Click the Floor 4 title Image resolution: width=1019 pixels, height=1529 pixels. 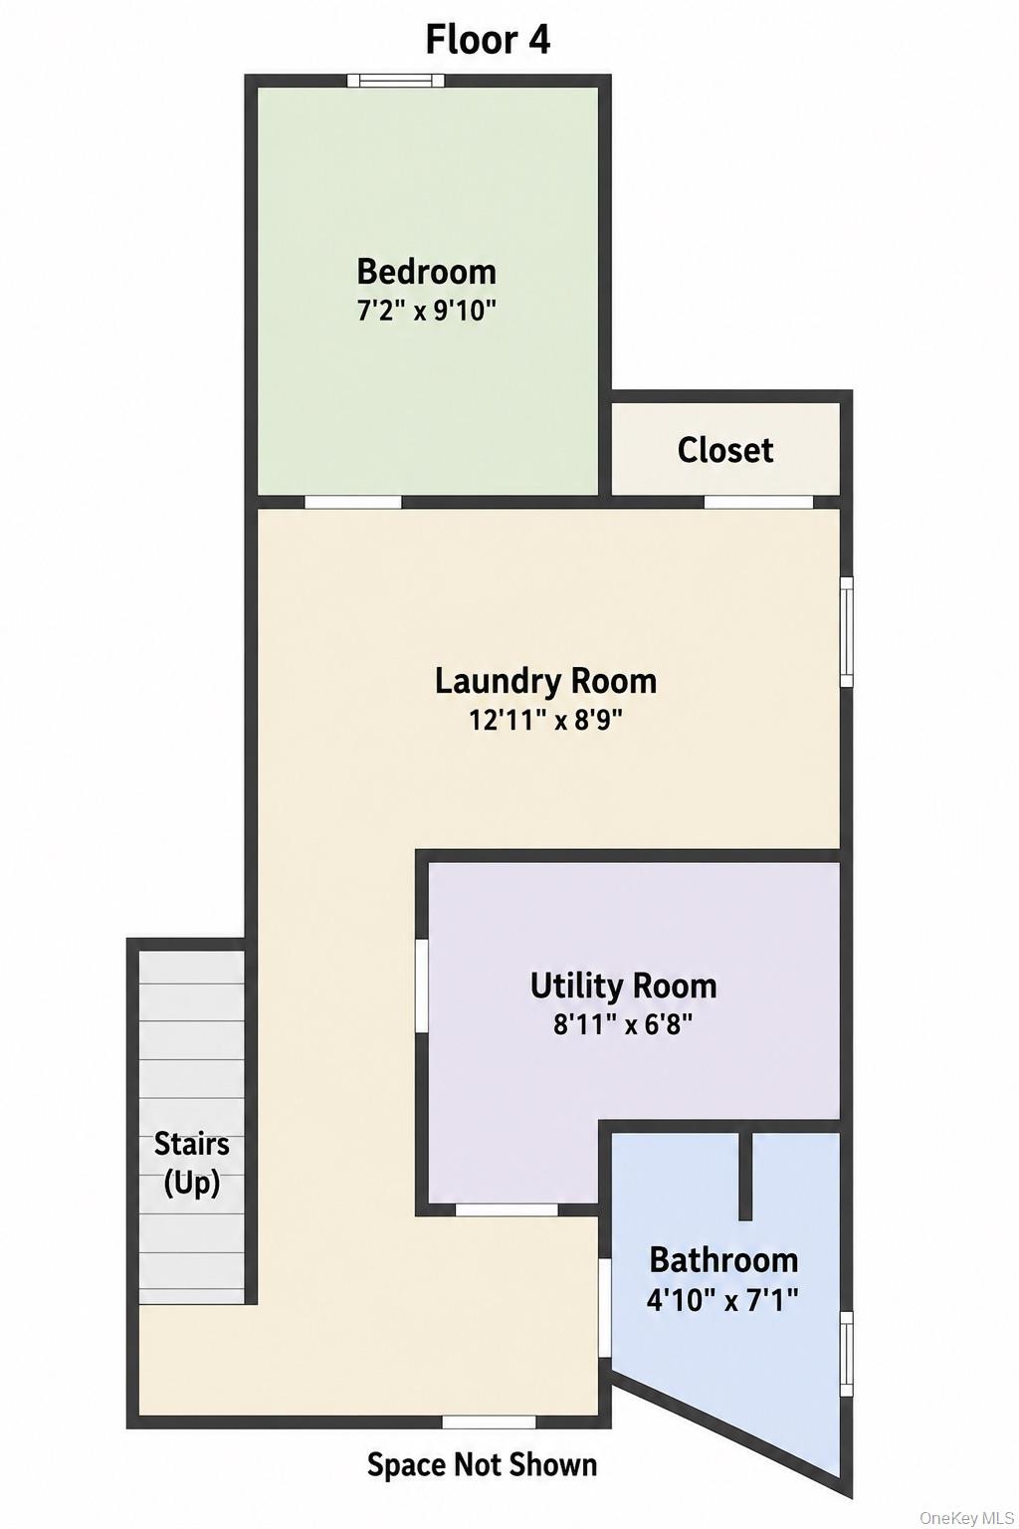coord(488,40)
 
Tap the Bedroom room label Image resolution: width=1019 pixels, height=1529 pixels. coord(427,272)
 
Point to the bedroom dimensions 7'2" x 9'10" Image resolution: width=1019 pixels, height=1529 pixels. coord(427,312)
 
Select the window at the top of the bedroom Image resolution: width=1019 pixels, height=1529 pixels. coord(396,81)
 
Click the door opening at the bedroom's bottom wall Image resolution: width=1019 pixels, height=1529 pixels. coord(353,502)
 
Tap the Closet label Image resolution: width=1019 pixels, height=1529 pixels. coord(725,451)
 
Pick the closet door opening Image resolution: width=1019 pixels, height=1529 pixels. coord(758,502)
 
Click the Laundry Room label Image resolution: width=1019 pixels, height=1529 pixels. coord(546,681)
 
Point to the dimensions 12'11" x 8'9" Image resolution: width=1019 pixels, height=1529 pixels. coord(546,720)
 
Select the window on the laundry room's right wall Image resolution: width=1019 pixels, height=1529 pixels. coord(846,631)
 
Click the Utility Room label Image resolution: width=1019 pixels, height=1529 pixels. coord(624,986)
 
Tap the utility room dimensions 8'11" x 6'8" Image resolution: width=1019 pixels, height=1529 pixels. coord(624,1024)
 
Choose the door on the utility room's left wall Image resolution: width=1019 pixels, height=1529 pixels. coord(422,984)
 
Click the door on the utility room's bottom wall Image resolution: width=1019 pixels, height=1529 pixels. coord(507,1209)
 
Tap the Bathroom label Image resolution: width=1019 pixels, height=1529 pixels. coord(723,1260)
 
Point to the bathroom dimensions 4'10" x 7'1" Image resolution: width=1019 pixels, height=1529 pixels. coord(722,1300)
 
